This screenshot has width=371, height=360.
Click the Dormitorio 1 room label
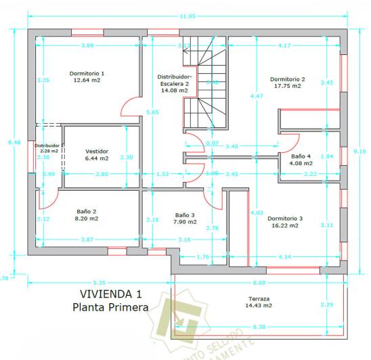[87, 72]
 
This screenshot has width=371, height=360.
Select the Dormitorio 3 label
[284, 219]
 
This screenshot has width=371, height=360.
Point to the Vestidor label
[97, 151]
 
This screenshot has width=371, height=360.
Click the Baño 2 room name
[86, 211]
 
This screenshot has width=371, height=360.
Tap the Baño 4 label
[301, 156]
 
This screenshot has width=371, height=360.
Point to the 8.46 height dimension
[7, 143]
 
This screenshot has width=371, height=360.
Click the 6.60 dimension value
[259, 282]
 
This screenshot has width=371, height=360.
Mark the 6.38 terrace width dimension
[259, 327]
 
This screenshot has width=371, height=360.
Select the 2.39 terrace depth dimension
[327, 305]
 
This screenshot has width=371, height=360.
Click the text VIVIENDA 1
[110, 295]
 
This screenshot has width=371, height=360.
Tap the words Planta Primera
[111, 308]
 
